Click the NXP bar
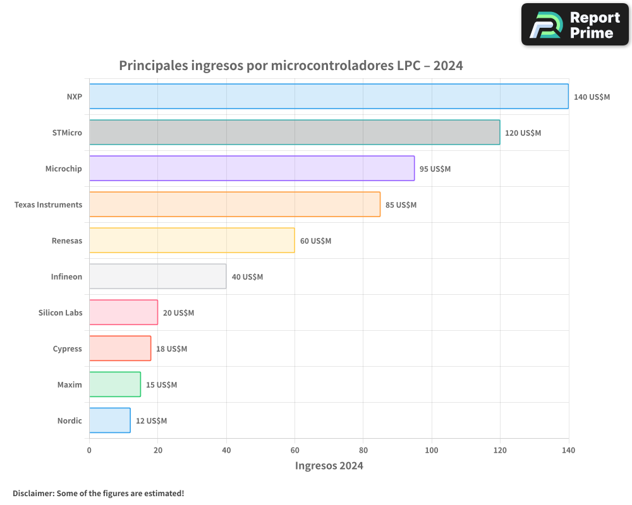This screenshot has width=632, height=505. (329, 97)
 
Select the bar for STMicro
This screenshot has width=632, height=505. (295, 133)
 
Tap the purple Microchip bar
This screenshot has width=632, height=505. (252, 169)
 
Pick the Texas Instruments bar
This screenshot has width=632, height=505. (234, 205)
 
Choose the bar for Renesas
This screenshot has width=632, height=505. (191, 241)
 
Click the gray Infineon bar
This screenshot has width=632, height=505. (157, 276)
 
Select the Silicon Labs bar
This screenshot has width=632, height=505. (123, 312)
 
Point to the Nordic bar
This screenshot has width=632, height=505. (109, 420)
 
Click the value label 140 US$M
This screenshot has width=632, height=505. (592, 97)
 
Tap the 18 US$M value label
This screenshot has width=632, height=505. (172, 349)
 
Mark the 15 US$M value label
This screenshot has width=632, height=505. (161, 385)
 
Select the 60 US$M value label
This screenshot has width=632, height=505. (315, 241)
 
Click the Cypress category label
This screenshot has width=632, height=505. (67, 349)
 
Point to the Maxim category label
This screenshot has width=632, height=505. (70, 385)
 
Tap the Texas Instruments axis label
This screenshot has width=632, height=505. (48, 205)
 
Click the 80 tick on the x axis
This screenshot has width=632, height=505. (363, 451)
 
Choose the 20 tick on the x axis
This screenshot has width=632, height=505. (157, 451)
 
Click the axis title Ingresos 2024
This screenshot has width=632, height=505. (329, 466)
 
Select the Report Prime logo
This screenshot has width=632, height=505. (574, 25)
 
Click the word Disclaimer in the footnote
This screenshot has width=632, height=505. (33, 494)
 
